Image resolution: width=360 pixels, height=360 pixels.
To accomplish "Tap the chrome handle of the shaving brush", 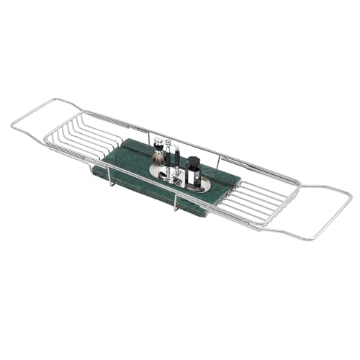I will coord(159,168).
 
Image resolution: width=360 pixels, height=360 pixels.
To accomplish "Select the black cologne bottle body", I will coord(192,176).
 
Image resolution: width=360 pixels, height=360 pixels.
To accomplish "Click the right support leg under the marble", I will coord(175,207).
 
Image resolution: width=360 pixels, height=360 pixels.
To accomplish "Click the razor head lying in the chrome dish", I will coord(168,177).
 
